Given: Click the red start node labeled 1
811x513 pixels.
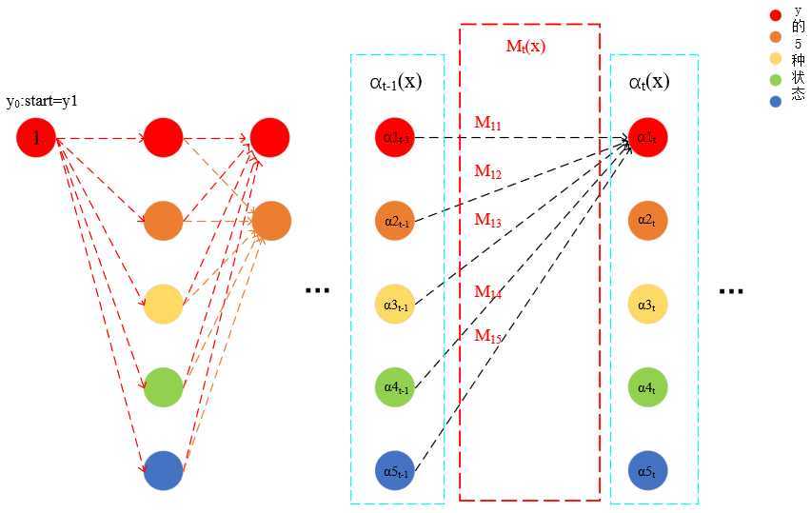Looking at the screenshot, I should click(x=36, y=138).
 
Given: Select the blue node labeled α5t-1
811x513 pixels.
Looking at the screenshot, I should click(x=395, y=470).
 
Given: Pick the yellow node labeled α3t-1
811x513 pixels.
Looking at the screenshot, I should click(x=395, y=304).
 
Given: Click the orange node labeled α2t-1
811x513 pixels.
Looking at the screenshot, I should click(x=395, y=221).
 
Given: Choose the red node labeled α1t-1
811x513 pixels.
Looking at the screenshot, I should click(x=395, y=137).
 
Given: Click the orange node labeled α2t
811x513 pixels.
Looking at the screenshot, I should click(x=647, y=221).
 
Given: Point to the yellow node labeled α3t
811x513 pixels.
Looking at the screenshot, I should click(x=647, y=304).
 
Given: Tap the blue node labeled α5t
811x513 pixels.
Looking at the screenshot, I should click(x=647, y=470).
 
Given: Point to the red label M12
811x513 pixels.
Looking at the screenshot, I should click(x=487, y=171).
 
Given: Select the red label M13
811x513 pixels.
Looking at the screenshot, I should click(x=487, y=220).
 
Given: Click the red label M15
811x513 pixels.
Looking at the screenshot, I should click(x=487, y=335).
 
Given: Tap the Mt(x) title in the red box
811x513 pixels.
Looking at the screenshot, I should click(x=525, y=46).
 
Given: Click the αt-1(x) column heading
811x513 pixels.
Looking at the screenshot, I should click(x=395, y=82).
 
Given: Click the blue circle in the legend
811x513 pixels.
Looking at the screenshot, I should click(x=776, y=98).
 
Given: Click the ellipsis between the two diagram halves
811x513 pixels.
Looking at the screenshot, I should click(x=316, y=289).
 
